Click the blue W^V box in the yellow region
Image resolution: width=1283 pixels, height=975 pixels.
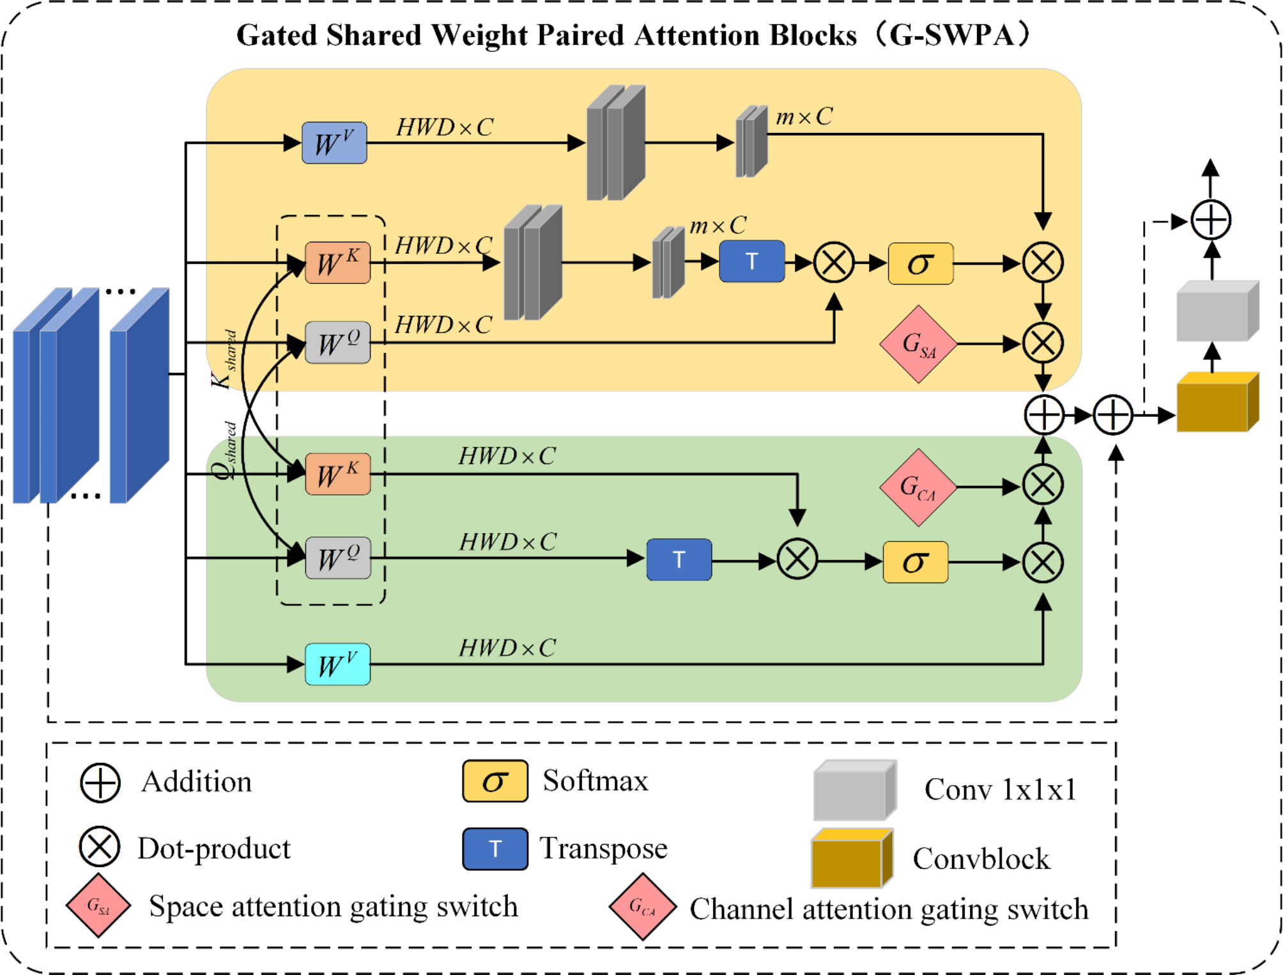334,143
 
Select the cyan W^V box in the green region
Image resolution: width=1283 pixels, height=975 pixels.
337,664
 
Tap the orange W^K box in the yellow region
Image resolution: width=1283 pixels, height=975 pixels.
337,263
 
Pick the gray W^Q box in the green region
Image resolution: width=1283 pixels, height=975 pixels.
337,558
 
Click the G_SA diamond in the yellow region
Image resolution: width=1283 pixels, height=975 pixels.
918,344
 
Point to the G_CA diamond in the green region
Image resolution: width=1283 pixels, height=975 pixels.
918,487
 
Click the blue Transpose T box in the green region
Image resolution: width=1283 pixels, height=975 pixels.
679,559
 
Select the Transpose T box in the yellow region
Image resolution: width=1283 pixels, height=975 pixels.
751,261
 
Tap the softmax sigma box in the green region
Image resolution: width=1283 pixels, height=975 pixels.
915,562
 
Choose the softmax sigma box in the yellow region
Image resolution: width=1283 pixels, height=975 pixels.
920,263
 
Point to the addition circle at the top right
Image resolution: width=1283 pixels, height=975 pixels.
1211,220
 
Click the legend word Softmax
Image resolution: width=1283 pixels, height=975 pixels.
595,781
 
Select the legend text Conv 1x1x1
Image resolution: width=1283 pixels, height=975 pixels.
1000,790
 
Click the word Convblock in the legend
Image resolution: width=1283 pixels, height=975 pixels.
981,859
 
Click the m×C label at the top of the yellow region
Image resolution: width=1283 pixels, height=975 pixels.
804,116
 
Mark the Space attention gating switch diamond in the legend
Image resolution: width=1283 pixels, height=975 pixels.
98,905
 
